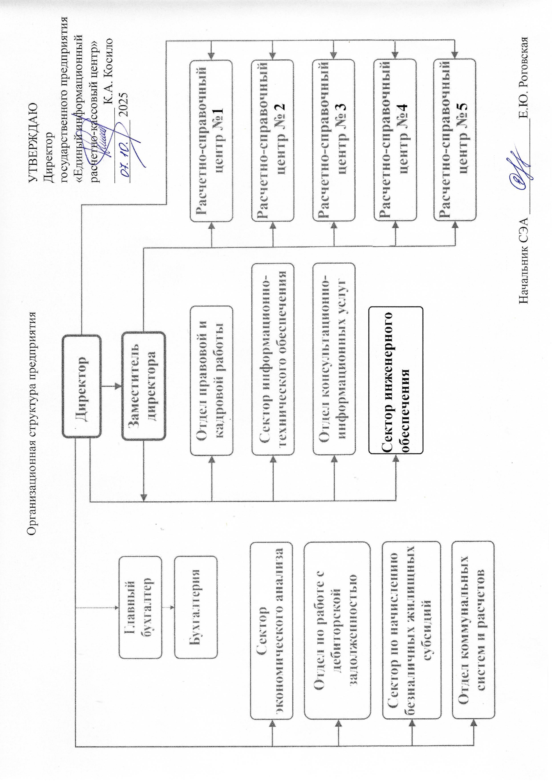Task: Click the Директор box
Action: coord(82,386)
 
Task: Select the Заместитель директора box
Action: coord(144,386)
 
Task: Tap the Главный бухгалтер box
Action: coord(140,607)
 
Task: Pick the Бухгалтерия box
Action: coord(196,607)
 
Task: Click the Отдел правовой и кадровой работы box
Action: coord(211,381)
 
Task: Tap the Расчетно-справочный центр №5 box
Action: coord(455,141)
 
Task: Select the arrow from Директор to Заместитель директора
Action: coord(112,386)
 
